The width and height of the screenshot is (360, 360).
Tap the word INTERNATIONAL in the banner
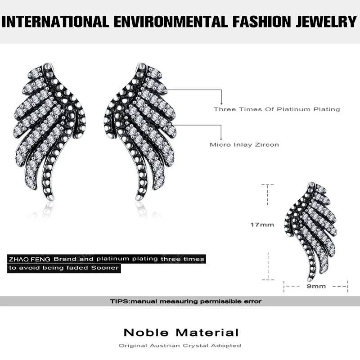(x=56, y=21)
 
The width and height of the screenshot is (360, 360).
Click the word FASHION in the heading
(x=251, y=21)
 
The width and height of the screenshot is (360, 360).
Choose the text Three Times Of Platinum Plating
(x=277, y=109)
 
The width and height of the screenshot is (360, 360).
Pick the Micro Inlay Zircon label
(x=244, y=145)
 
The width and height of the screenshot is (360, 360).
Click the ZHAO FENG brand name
(x=30, y=259)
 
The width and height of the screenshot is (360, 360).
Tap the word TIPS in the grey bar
(x=119, y=301)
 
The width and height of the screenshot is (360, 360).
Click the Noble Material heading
(x=181, y=333)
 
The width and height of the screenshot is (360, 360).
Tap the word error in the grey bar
(x=252, y=301)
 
